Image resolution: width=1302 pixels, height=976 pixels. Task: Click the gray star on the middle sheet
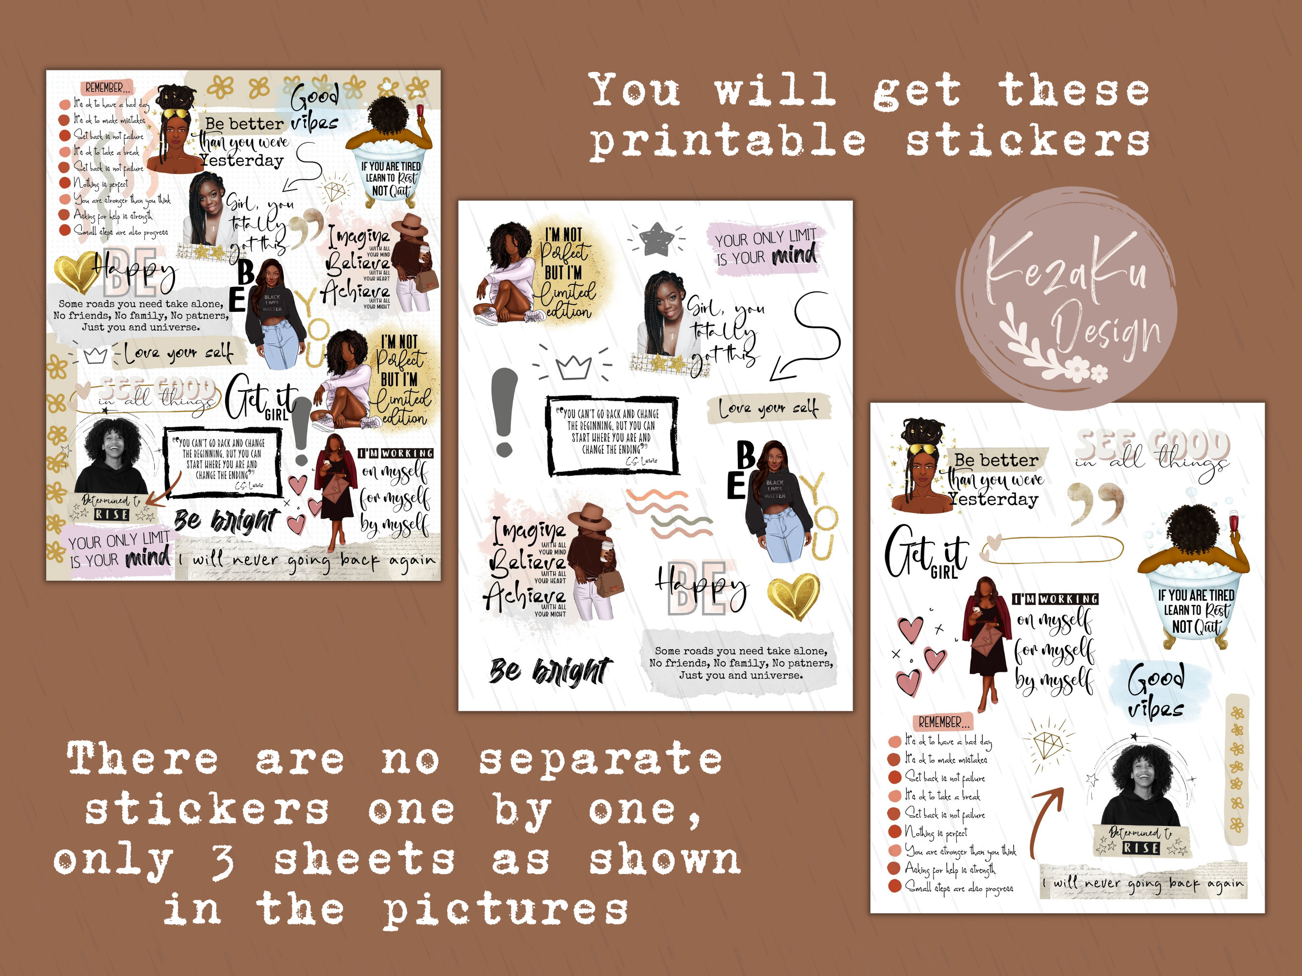click(656, 238)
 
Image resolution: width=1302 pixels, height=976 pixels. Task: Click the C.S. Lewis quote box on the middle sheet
click(612, 435)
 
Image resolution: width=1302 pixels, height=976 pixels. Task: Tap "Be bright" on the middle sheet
click(550, 671)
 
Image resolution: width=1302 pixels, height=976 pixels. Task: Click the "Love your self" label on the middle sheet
click(768, 408)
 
